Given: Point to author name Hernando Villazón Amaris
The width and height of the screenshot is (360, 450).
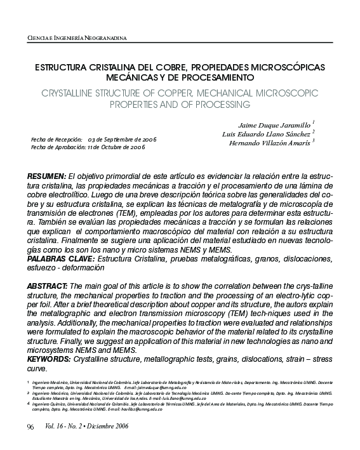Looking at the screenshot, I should tap(270, 143).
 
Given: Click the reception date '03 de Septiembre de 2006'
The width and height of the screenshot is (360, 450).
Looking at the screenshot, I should tap(123, 139).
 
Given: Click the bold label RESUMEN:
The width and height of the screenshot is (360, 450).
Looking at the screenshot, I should tap(46, 175).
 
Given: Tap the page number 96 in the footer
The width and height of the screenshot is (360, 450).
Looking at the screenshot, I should tap(30, 426).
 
